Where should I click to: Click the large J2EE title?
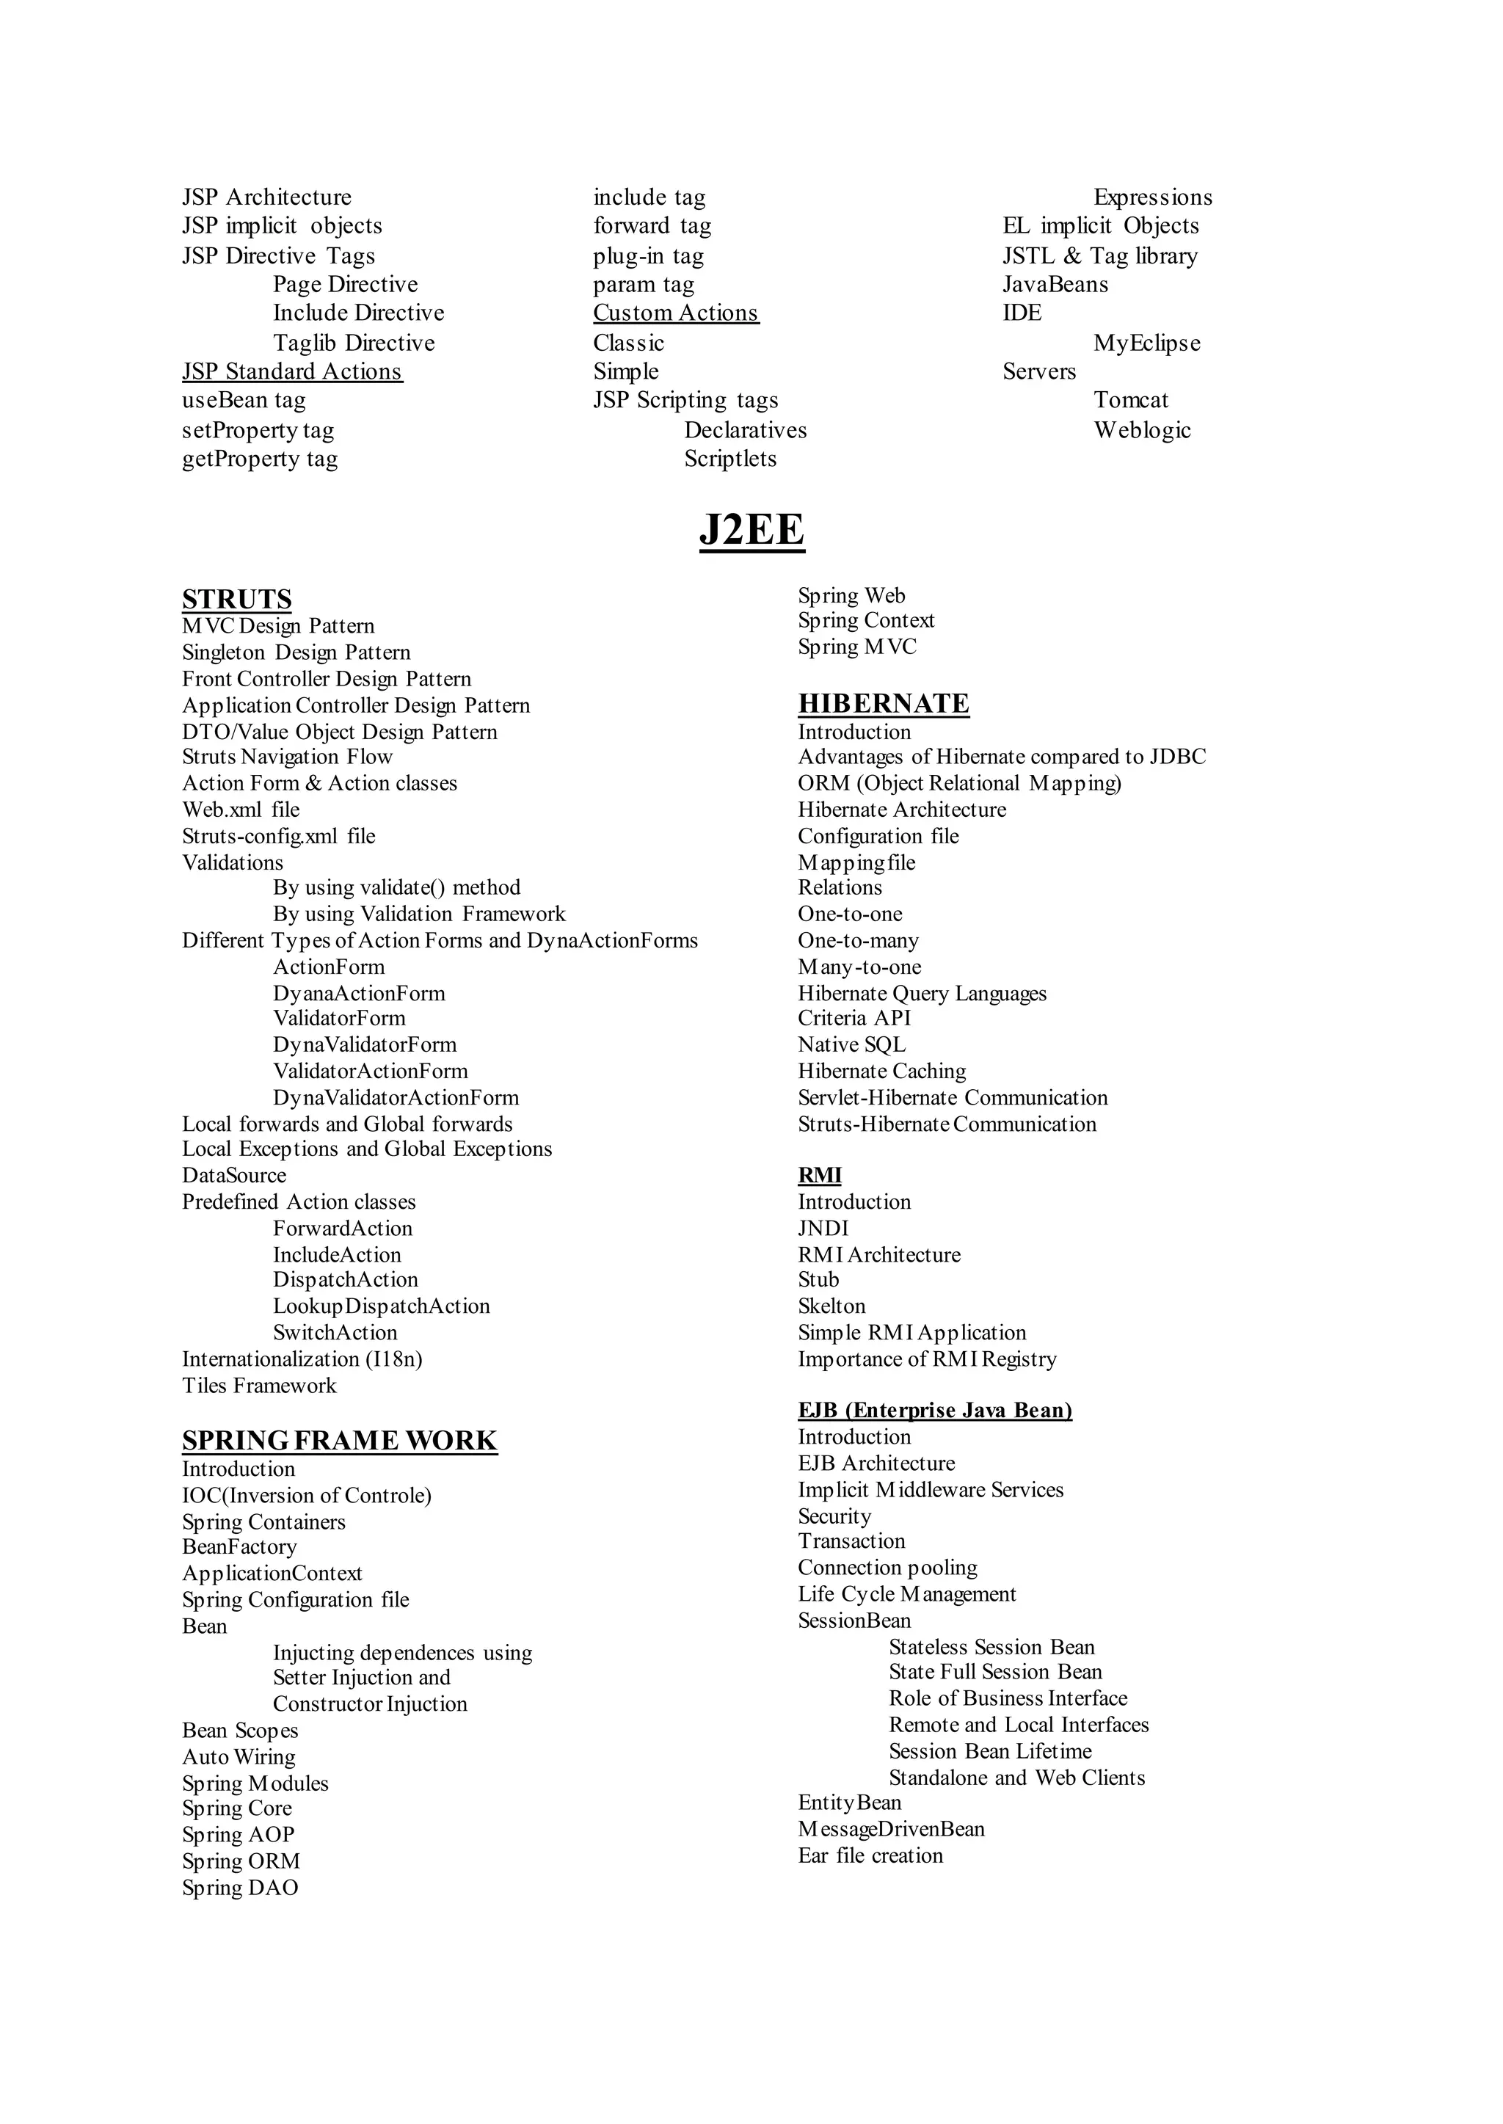pos(751,531)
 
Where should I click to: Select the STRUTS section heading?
pos(237,599)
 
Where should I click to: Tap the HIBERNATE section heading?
pos(883,703)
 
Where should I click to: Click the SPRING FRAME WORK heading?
pos(340,1441)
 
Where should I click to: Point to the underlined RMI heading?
pos(819,1175)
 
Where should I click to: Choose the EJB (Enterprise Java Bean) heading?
pos(935,1411)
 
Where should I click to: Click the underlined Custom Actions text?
pos(676,313)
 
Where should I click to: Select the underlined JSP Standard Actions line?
pos(293,371)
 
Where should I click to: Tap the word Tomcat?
pos(1131,400)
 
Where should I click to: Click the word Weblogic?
pos(1142,429)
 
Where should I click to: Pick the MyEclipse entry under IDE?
pos(1146,343)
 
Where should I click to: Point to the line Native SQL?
pos(851,1045)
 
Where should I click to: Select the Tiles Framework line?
pos(259,1386)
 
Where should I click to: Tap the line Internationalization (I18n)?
pos(302,1359)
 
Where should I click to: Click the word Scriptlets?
pos(730,458)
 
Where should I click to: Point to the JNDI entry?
pos(823,1228)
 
